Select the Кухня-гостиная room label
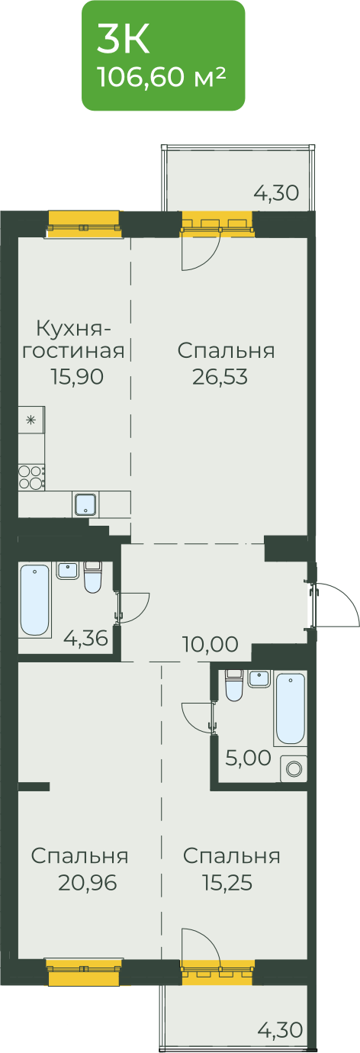[x=74, y=339]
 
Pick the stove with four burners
[x=31, y=477]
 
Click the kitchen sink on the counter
[x=85, y=504]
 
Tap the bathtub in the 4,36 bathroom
[x=35, y=601]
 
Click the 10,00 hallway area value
[x=211, y=645]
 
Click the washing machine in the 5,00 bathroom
[x=294, y=769]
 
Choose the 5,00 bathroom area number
[x=248, y=758]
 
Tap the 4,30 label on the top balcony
[x=276, y=193]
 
